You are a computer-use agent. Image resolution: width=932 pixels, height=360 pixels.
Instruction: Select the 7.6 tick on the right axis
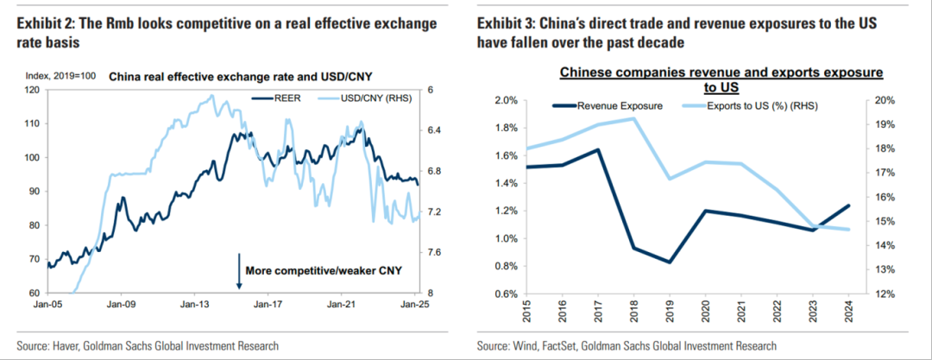(435, 252)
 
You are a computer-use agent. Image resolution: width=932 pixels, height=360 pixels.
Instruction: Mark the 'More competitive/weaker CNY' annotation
(324, 271)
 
